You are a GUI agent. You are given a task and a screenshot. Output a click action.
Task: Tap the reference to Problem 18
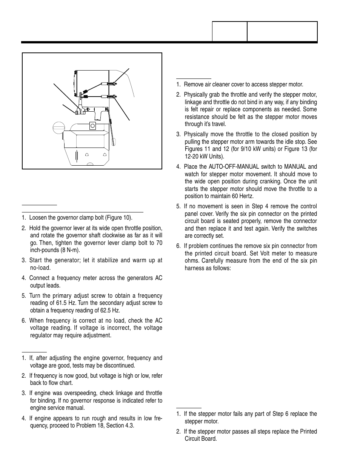(82, 425)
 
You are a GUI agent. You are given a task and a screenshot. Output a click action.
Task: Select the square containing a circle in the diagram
(92, 126)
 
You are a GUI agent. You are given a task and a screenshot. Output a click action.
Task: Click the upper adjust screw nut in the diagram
(111, 84)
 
